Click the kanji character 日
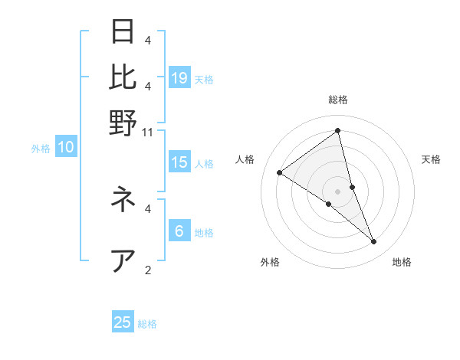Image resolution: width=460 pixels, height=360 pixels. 123,32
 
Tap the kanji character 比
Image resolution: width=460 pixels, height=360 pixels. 123,77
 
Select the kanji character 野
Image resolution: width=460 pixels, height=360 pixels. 123,123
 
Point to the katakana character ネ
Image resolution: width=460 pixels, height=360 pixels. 123,200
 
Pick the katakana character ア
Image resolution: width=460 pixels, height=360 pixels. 123,260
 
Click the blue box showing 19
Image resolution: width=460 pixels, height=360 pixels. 179,77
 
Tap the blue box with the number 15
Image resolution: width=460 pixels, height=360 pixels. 179,162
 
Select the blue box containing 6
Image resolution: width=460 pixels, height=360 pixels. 179,231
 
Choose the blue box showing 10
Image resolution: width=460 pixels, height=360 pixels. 66,148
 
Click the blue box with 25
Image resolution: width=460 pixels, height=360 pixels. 123,322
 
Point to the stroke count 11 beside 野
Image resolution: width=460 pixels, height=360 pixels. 148,132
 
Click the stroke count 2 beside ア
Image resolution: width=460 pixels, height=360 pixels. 148,270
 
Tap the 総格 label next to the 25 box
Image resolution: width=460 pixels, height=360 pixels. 147,324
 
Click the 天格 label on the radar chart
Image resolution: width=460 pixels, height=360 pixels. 431,159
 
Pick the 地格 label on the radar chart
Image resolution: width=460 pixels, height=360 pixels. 402,263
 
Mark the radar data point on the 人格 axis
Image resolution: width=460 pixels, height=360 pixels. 279,172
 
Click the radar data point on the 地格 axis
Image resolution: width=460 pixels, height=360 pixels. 374,242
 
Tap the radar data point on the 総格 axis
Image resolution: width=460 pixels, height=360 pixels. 337,131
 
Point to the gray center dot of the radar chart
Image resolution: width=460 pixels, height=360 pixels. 337,191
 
